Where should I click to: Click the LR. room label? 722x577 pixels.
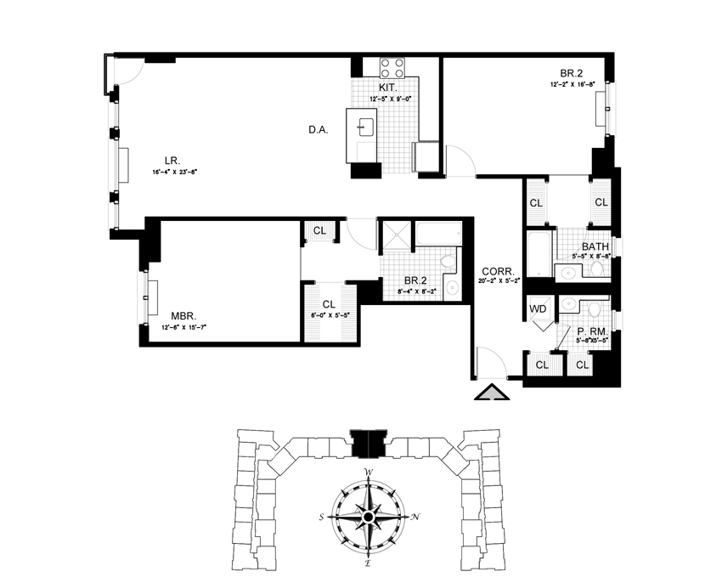171,159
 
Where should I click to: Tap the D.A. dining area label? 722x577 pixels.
318,130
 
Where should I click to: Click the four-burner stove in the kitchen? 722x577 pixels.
392,68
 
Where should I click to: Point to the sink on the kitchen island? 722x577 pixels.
367,127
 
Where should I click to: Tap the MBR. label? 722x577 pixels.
183,316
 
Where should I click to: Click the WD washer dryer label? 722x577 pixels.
538,309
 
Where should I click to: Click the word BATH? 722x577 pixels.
595,246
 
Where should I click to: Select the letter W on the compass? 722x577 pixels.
368,472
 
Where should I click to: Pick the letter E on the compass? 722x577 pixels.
368,563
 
